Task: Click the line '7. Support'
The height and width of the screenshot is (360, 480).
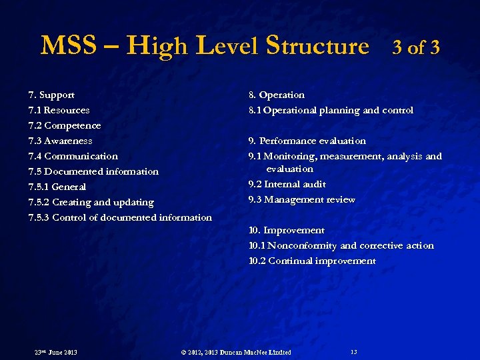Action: [51, 95]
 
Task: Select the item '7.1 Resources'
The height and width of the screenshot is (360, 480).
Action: [59, 111]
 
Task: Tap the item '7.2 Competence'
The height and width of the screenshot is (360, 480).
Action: [65, 126]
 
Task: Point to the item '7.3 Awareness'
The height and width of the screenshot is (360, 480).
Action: [60, 141]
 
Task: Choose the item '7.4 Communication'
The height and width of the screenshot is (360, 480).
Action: [73, 157]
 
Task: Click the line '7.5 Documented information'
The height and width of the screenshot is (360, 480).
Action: [93, 172]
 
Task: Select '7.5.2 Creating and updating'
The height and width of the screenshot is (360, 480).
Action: [91, 203]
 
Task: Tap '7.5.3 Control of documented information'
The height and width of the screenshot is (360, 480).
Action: [120, 218]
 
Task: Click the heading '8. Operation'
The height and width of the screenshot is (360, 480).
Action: [276, 95]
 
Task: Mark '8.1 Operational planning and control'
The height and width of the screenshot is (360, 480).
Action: [331, 111]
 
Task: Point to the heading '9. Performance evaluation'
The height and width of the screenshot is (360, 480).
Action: [307, 141]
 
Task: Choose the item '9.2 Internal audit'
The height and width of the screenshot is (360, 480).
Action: [287, 185]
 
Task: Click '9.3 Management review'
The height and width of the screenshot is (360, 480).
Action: [301, 200]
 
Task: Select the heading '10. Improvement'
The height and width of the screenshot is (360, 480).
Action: [286, 231]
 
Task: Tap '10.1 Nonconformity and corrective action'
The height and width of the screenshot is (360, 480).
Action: [341, 246]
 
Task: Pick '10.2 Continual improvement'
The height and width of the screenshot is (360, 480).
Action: [312, 261]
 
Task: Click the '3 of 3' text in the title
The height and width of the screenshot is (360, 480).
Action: [416, 48]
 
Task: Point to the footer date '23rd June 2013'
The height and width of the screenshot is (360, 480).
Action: [55, 352]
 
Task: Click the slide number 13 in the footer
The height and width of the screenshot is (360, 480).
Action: [353, 351]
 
